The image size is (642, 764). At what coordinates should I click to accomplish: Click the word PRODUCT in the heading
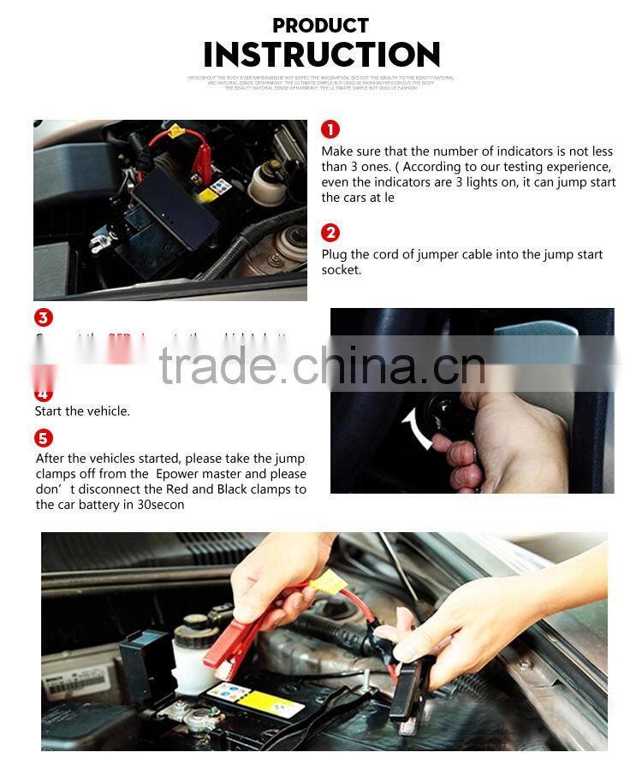[x=320, y=25]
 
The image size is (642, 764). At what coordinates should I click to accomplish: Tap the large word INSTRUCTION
[x=321, y=55]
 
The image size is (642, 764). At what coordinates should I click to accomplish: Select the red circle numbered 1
[x=330, y=129]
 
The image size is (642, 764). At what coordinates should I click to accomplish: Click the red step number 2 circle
[x=330, y=233]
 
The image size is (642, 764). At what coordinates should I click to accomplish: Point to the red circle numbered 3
[x=44, y=317]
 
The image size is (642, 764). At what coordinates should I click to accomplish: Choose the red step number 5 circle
[x=44, y=439]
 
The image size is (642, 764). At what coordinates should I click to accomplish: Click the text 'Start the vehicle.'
[x=82, y=412]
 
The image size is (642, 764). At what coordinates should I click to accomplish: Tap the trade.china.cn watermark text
[x=322, y=366]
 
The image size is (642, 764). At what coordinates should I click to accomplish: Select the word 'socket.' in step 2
[x=342, y=270]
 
